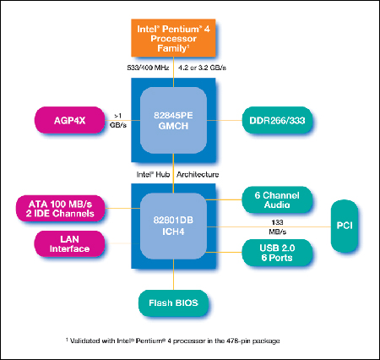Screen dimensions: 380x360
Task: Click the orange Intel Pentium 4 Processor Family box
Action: click(x=173, y=38)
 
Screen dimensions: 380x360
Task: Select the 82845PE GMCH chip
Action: click(x=173, y=120)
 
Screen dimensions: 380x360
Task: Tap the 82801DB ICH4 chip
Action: click(x=173, y=226)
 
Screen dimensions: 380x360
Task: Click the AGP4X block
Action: click(x=69, y=120)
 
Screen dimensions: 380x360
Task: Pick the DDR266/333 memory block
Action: click(x=277, y=120)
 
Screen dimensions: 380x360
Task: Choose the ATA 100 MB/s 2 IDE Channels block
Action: click(x=60, y=209)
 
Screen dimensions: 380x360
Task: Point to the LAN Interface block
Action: click(x=69, y=244)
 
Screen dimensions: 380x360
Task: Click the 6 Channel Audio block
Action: click(x=277, y=199)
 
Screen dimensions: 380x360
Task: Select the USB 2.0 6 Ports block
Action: click(x=277, y=253)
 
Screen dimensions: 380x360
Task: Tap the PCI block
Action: click(x=345, y=226)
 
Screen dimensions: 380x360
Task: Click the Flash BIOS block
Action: click(x=173, y=303)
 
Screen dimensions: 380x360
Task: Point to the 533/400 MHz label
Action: click(x=148, y=68)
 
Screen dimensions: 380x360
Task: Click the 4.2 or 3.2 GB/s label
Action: click(x=202, y=68)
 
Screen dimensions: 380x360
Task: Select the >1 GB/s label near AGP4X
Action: click(x=118, y=120)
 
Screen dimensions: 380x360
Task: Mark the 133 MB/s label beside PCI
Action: click(x=278, y=227)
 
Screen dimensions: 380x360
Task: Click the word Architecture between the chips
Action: click(x=198, y=175)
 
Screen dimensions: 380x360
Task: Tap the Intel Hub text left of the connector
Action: click(x=153, y=175)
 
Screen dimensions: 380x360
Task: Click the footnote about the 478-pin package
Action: click(x=173, y=341)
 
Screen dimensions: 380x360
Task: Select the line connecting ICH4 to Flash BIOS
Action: click(x=173, y=275)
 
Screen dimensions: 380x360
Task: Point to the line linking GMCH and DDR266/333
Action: click(x=225, y=120)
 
